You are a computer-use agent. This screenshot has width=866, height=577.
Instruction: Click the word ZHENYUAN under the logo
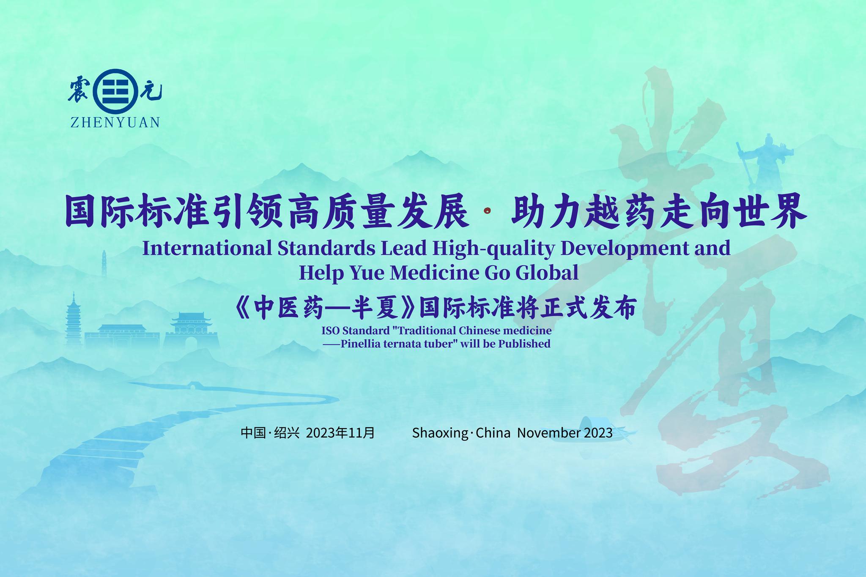[115, 123]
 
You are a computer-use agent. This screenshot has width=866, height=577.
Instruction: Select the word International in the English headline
[207, 248]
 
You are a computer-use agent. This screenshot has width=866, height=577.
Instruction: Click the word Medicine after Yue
[433, 273]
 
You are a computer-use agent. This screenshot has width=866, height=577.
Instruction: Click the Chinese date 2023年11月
[340, 433]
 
